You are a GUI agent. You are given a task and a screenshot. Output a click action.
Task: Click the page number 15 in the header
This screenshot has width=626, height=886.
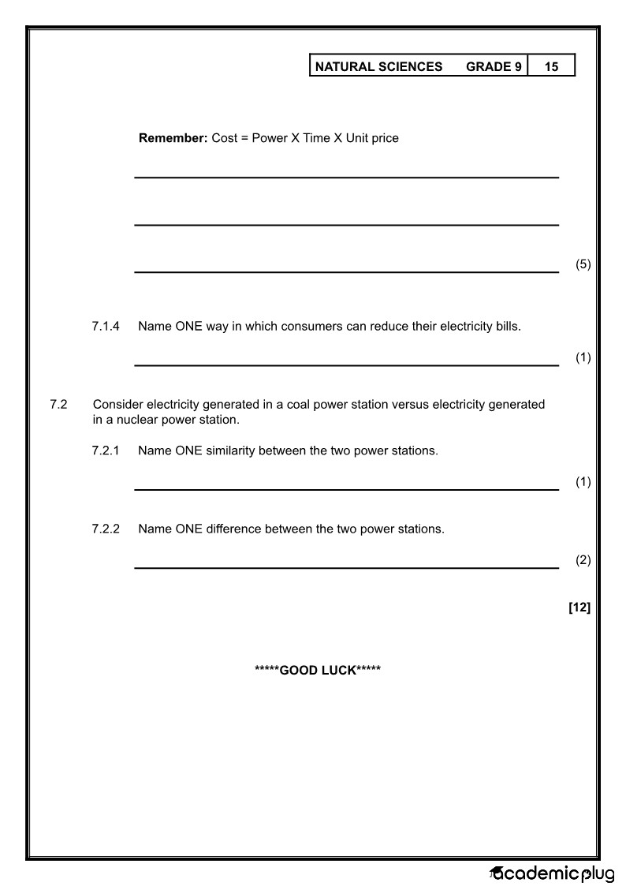click(x=551, y=67)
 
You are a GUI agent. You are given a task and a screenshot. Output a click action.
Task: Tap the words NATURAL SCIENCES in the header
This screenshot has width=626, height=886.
click(x=378, y=67)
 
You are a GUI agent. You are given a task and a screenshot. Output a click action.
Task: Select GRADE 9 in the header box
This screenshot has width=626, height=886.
click(x=494, y=67)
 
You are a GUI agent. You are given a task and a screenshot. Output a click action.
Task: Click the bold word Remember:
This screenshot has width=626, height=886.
click(x=173, y=138)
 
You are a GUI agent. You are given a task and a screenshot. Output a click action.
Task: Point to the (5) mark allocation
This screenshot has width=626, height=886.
click(x=583, y=264)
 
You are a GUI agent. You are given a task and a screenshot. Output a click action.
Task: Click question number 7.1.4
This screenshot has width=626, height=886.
click(x=106, y=326)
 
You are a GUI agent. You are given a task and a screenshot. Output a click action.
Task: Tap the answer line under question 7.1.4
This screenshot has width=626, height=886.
click(x=346, y=365)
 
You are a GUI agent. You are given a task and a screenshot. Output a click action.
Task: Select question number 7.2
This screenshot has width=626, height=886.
click(x=58, y=405)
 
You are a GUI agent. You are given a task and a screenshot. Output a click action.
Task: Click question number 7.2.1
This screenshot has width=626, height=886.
click(x=106, y=451)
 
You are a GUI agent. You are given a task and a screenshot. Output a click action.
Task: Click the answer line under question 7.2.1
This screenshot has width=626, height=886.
click(x=346, y=490)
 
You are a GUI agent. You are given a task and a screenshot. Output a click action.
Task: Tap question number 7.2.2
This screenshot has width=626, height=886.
click(x=106, y=529)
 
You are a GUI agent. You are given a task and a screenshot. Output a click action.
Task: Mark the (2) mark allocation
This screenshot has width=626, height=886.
click(x=583, y=560)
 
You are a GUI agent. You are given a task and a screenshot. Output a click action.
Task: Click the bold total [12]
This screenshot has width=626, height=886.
click(x=579, y=607)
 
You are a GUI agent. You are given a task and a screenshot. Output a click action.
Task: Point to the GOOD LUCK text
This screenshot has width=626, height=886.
click(x=318, y=671)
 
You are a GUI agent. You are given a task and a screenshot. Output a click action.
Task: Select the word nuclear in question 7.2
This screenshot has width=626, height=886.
click(x=130, y=420)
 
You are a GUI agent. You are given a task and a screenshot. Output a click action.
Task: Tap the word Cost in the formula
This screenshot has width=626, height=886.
click(x=225, y=138)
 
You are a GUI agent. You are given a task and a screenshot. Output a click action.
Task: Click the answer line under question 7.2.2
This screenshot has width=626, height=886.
click(x=346, y=567)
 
